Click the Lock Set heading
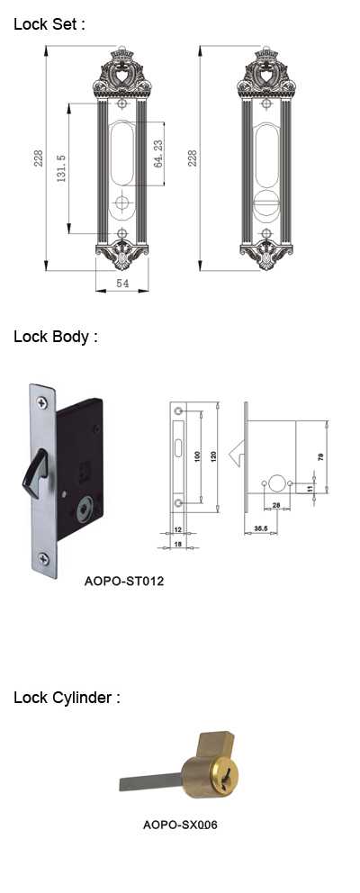[x=49, y=24]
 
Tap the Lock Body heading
[x=55, y=337]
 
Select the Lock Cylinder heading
[x=67, y=698]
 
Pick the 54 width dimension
[x=121, y=283]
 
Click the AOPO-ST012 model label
[x=123, y=582]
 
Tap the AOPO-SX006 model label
[x=180, y=824]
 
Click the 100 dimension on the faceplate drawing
[x=198, y=456]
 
